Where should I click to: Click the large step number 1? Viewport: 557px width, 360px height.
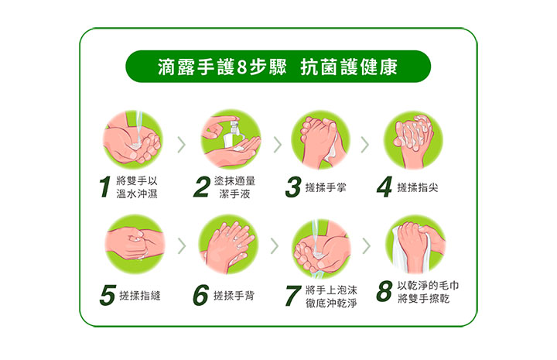pos(104,187)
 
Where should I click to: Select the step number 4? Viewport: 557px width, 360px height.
pos(384,187)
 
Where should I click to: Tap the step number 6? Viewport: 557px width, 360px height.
pos(200,295)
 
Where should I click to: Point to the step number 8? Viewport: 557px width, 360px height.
pos(384,291)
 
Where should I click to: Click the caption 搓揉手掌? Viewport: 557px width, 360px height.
pos(326,187)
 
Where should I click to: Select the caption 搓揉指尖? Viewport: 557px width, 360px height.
pos(418,187)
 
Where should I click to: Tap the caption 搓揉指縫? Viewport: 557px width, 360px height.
pos(140,295)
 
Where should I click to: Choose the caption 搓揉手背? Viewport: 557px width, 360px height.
pos(234,295)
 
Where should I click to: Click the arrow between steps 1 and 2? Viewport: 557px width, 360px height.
pos(182,145)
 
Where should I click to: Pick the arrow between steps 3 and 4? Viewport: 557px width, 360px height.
pos(365,145)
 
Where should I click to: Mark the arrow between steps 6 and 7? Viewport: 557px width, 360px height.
pos(275,245)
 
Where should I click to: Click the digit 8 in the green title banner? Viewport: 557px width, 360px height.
pos(242,67)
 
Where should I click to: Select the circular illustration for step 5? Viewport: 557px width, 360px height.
pos(135,244)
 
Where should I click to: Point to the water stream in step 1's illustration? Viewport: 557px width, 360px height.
pos(139,129)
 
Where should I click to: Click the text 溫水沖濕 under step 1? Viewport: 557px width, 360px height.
pos(137,194)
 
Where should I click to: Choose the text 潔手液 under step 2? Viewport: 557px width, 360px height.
pos(234,194)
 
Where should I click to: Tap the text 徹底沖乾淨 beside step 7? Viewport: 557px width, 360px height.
pos(331,303)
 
